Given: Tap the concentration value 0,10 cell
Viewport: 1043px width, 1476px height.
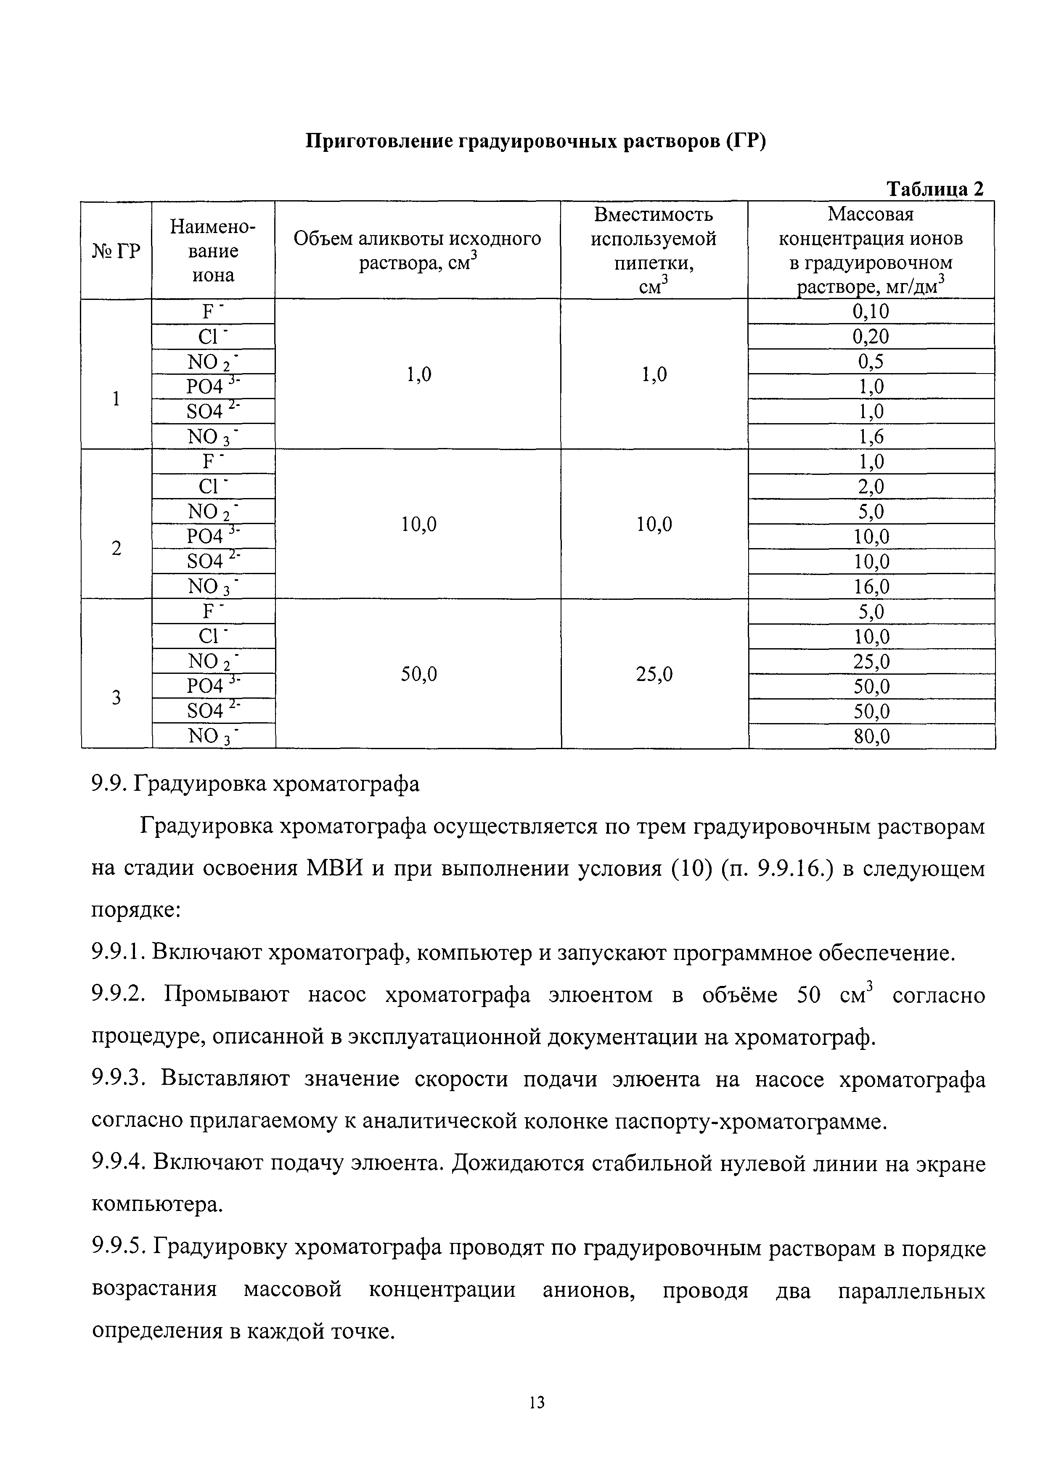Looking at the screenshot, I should coord(871,312).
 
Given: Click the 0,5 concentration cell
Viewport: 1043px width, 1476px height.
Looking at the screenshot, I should coord(871,362).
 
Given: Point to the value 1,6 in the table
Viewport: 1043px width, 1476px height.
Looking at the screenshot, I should coord(871,437).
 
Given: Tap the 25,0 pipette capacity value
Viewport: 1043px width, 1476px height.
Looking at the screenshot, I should coord(654,674).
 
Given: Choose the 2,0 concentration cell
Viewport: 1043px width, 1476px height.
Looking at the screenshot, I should coord(871,487).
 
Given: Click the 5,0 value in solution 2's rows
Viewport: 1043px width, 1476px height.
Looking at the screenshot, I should coord(871,512).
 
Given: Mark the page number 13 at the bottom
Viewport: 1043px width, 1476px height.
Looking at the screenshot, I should coord(537,1402).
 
